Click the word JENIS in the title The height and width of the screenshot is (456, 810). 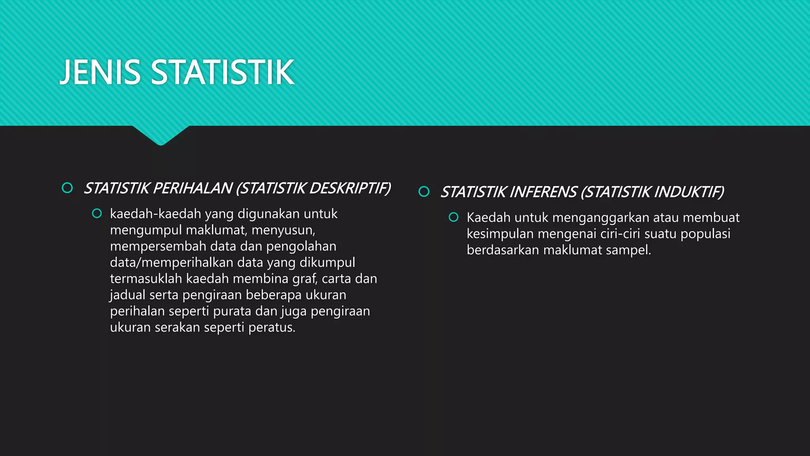pos(100,72)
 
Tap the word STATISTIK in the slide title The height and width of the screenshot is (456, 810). pos(223,72)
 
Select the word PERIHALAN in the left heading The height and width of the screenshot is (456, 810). pos(192,188)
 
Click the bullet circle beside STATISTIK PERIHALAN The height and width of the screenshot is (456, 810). pos(67,188)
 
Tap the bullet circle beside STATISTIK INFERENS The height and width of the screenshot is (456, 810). pos(424,192)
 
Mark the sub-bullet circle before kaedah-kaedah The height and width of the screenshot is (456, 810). pos(97,214)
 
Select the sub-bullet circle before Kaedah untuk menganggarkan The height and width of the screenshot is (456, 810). pos(454,217)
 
